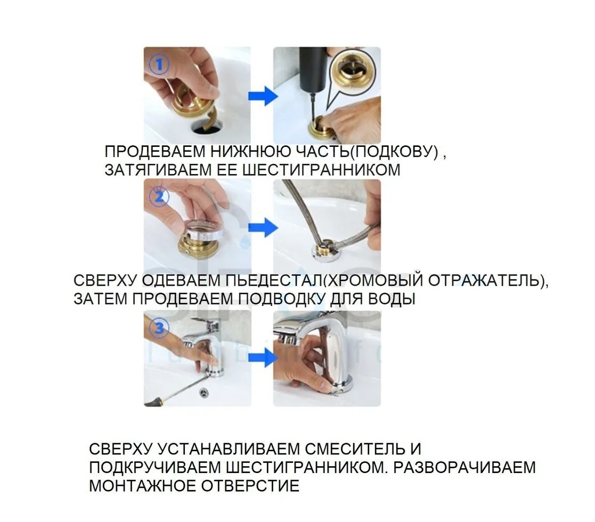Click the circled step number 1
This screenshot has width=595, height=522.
[159, 67]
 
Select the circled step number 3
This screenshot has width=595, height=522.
[159, 328]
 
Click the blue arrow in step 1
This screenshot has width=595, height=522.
[263, 97]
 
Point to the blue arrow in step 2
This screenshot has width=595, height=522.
[263, 229]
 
